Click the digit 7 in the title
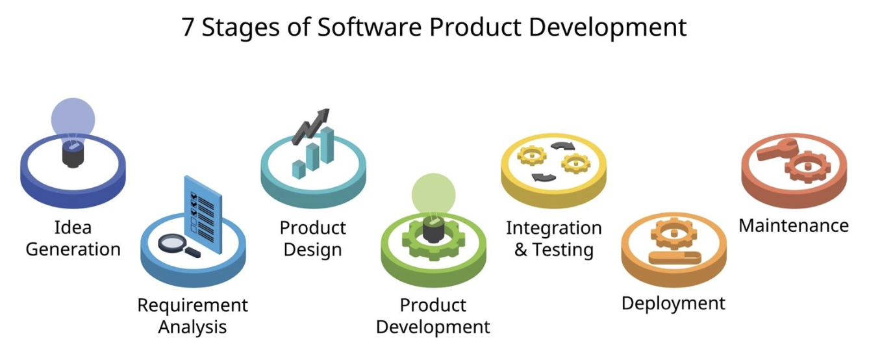[188, 27]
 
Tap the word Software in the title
[370, 27]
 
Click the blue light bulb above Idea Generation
[73, 133]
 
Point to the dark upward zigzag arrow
[310, 127]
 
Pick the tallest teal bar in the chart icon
[327, 145]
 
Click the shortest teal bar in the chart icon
[299, 170]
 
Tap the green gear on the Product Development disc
[433, 241]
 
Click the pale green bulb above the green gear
[433, 194]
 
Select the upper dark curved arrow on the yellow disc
[562, 146]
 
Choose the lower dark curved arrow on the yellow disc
[544, 177]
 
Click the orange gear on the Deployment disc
[674, 234]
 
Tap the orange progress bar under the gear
[675, 257]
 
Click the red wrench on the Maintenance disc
[777, 150]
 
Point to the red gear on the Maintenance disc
[808, 168]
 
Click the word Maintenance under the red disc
[794, 225]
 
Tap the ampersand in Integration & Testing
[521, 250]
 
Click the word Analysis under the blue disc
[192, 328]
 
